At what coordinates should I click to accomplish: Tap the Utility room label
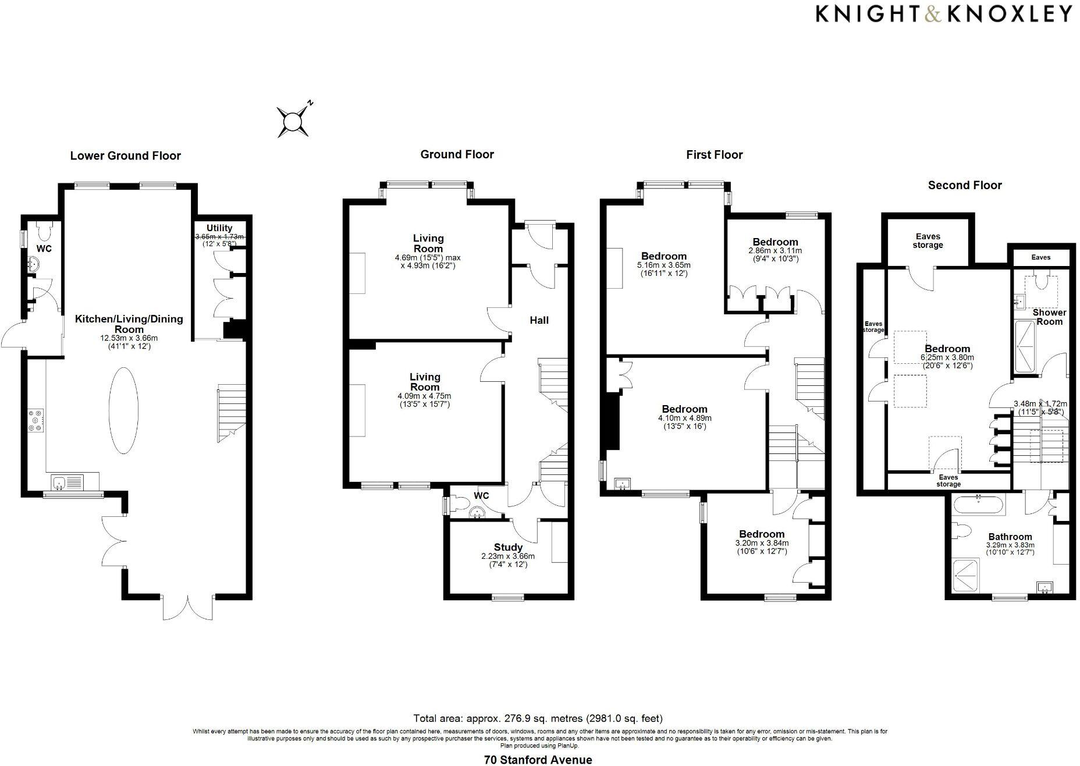(x=219, y=228)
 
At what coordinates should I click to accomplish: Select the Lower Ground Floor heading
(x=125, y=156)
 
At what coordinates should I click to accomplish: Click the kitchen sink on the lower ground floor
(x=67, y=483)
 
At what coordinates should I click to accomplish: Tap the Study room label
(x=508, y=547)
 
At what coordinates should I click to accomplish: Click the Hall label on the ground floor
(x=539, y=320)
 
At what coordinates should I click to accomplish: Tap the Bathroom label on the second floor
(x=1010, y=537)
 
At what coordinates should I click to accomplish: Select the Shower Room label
(x=1049, y=317)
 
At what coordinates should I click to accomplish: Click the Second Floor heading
(x=964, y=186)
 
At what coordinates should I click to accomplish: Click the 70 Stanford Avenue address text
(x=538, y=760)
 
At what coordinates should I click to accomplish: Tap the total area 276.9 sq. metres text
(x=538, y=718)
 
